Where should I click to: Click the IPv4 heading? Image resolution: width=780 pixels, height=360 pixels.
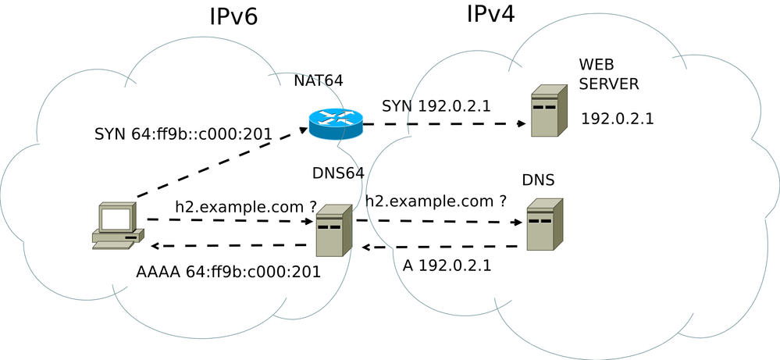[x=490, y=14]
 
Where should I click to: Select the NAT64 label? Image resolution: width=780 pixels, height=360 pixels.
[x=319, y=81]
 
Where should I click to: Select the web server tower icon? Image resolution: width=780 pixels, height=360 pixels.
[x=549, y=111]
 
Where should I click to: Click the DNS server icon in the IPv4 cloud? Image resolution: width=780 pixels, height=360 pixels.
[x=544, y=224]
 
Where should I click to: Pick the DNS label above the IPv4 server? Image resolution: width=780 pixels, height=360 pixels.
[x=539, y=181]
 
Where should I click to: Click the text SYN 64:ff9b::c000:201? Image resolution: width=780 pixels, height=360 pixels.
[x=183, y=134]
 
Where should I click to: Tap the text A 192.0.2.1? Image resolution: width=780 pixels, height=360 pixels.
[x=447, y=266]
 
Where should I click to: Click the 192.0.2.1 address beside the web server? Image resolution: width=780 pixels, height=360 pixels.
[x=617, y=119]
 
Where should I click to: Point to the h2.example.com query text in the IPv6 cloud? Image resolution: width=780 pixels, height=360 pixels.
[x=245, y=208]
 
